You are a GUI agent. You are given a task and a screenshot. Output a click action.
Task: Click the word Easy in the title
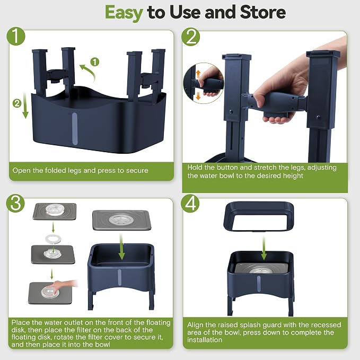point(124,13)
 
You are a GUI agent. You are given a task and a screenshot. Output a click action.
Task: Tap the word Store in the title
point(263,12)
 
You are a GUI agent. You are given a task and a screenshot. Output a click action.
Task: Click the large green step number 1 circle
point(16,36)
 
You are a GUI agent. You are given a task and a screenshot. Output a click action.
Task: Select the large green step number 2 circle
point(190,37)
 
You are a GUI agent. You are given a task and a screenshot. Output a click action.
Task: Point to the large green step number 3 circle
point(15,204)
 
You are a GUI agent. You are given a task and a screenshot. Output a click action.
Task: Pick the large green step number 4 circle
point(190,204)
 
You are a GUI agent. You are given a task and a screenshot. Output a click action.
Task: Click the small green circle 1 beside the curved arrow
point(94,62)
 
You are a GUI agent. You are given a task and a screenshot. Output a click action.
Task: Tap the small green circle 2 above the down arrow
point(17,103)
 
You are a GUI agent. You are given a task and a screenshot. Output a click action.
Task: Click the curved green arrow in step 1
point(89,72)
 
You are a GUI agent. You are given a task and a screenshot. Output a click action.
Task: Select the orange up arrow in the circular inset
point(198,74)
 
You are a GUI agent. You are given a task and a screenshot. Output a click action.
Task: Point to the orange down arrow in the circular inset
point(198,96)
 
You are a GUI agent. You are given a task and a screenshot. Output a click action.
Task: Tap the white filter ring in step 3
point(53,240)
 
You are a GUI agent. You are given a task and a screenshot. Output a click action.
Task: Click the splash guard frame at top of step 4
point(259,216)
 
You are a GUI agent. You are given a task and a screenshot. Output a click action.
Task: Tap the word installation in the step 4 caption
point(205,339)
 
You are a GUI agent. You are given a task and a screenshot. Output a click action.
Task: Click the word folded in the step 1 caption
point(55,170)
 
